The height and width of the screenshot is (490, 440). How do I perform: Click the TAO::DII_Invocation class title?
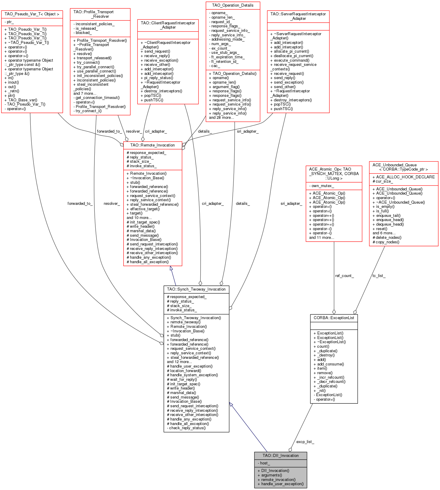(x=281, y=455)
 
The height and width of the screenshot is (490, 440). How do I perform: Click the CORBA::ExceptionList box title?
(x=334, y=318)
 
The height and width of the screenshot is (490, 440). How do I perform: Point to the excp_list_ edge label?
(x=305, y=442)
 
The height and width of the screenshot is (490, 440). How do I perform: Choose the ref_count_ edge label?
(x=344, y=276)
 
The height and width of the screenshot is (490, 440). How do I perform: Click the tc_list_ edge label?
(x=379, y=276)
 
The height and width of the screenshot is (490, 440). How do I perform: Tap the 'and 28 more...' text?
(x=221, y=118)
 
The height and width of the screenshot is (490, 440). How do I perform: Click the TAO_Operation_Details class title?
(x=232, y=5)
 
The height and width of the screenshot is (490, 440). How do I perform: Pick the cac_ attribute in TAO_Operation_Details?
(x=214, y=66)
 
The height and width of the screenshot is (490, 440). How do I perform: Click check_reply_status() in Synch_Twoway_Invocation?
(x=186, y=428)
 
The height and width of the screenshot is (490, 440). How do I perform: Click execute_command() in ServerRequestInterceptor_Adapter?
(x=290, y=60)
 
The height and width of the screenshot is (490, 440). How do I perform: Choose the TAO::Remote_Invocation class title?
(x=152, y=145)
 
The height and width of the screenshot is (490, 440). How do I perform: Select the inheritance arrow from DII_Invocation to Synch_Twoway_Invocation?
(x=248, y=427)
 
